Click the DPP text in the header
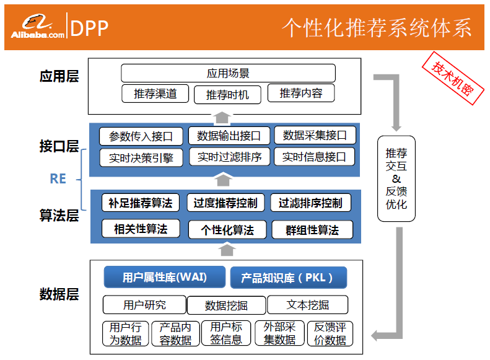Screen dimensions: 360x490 point(90,27)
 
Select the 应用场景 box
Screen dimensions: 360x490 point(228,73)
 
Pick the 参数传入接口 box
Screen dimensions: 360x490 point(141,136)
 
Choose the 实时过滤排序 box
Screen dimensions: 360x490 point(229,157)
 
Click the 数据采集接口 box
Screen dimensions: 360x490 point(315,135)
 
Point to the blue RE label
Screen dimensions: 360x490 point(58,178)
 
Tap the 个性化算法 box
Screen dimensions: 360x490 point(227,230)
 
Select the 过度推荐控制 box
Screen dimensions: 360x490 point(225,203)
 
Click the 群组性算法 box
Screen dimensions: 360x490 point(312,230)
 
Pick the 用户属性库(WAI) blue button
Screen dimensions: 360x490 point(164,277)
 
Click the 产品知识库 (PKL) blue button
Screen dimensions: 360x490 point(288,278)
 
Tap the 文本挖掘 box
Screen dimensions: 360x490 point(308,305)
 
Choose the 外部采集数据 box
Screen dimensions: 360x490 point(279,333)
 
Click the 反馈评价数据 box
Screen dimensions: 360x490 point(330,333)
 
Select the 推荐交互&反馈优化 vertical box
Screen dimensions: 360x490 point(396,178)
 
